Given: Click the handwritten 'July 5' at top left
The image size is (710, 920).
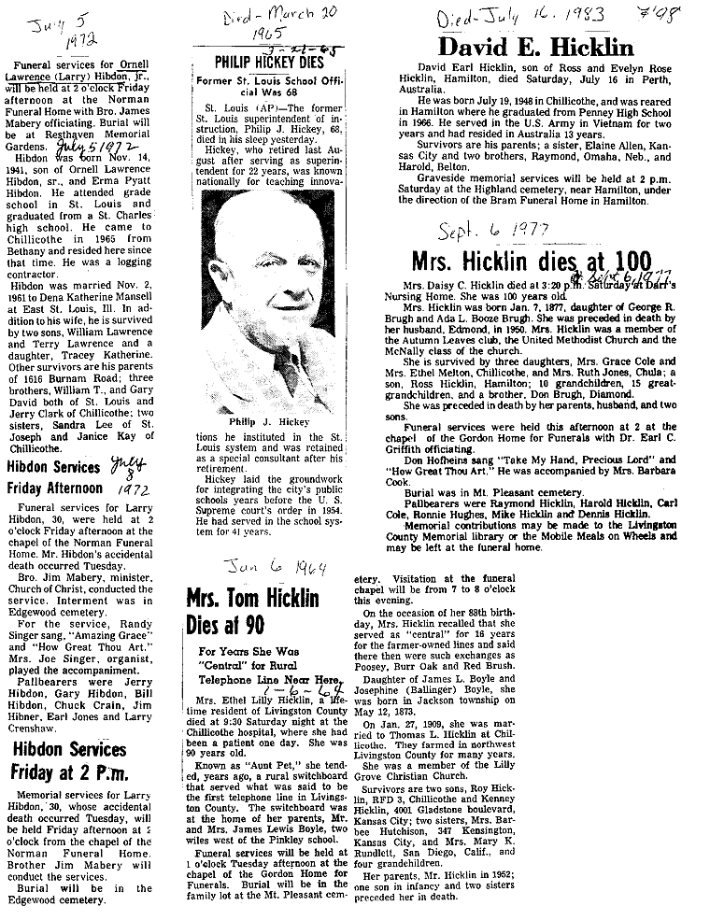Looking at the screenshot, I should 48,18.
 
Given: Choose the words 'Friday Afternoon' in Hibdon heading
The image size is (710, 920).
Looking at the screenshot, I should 55,488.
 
